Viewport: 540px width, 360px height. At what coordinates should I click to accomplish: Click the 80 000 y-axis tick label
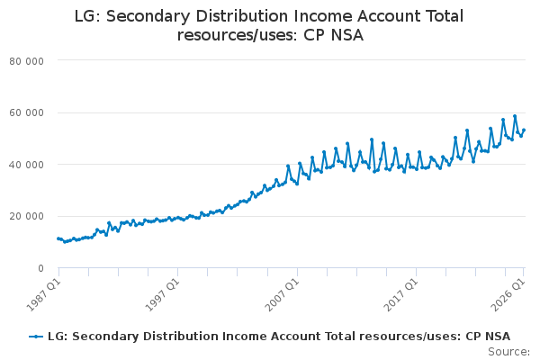pyautogui.click(x=26, y=61)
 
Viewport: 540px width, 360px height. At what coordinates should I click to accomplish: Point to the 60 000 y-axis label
pyautogui.click(x=26, y=113)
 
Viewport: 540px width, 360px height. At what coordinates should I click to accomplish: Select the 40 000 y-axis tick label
pyautogui.click(x=26, y=165)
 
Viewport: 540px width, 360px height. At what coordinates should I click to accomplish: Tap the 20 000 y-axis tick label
pyautogui.click(x=26, y=216)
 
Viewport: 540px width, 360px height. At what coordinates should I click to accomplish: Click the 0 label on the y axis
pyautogui.click(x=41, y=268)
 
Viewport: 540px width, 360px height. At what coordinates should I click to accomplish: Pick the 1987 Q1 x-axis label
pyautogui.click(x=44, y=295)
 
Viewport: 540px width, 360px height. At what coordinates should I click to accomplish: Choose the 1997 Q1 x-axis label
pyautogui.click(x=163, y=295)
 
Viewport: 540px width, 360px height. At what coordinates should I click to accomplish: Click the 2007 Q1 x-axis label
pyautogui.click(x=282, y=295)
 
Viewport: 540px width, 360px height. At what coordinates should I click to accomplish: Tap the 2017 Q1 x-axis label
pyautogui.click(x=400, y=295)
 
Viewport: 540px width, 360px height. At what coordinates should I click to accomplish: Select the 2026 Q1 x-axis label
pyautogui.click(x=508, y=295)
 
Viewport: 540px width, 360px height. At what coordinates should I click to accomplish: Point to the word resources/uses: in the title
pyautogui.click(x=238, y=35)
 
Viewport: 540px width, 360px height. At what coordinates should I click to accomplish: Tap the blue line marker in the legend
pyautogui.click(x=36, y=337)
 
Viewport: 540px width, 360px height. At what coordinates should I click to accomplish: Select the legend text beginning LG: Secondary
pyautogui.click(x=279, y=337)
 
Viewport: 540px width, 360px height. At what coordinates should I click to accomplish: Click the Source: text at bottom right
pyautogui.click(x=509, y=352)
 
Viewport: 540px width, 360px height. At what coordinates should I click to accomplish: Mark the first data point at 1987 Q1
pyautogui.click(x=58, y=238)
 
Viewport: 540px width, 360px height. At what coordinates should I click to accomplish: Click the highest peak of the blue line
pyautogui.click(x=515, y=116)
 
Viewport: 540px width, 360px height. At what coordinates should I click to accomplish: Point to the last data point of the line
pyautogui.click(x=524, y=130)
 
